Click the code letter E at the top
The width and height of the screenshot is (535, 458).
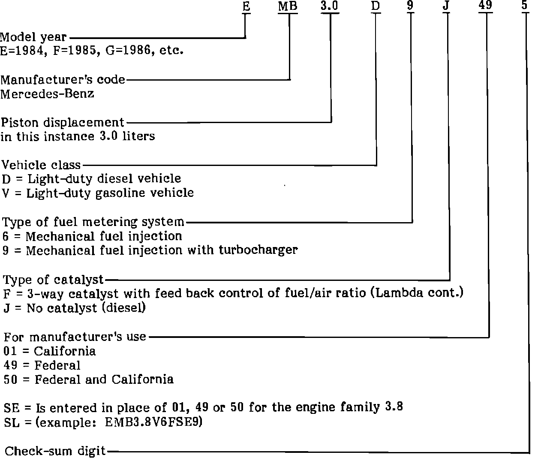246,6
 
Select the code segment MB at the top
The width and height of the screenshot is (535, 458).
288,6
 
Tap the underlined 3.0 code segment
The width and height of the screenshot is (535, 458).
330,6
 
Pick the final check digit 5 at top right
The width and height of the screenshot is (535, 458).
526,6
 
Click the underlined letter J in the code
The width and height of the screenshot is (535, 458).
446,6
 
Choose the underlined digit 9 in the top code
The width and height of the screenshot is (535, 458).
410,6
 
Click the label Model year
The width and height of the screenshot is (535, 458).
33,37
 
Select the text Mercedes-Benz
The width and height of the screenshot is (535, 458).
47,93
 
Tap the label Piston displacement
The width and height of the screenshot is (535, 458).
63,122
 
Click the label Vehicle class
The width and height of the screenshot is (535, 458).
41,165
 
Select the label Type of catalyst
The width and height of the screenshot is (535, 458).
54,280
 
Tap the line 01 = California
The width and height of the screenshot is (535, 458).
50,351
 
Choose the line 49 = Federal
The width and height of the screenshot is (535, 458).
42,365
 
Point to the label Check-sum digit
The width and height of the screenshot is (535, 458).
55,451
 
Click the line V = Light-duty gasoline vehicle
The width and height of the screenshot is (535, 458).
98,193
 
